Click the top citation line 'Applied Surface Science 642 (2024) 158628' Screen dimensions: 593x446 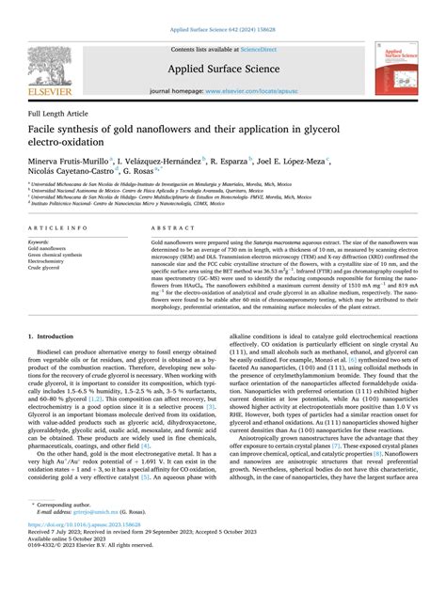[223, 30]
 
